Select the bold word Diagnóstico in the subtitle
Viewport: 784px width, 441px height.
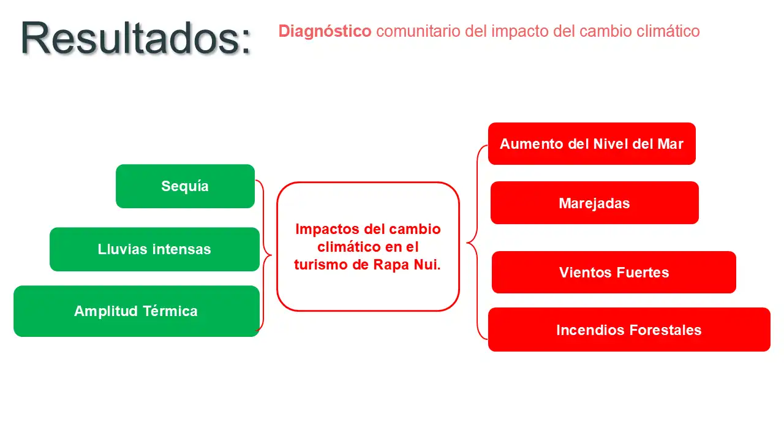coord(325,31)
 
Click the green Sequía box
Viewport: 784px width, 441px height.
coord(185,186)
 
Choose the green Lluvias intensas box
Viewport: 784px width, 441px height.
coord(154,249)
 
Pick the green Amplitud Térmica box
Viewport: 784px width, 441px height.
coord(137,311)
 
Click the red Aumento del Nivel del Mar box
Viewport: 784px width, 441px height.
coord(592,143)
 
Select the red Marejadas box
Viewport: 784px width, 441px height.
coord(595,203)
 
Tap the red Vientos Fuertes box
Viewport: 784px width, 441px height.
coord(614,273)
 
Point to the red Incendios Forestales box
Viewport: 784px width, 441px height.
coord(629,330)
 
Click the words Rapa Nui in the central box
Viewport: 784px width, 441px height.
coord(407,265)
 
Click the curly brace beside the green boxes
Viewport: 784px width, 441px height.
coord(264,255)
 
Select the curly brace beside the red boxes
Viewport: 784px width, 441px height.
coord(477,242)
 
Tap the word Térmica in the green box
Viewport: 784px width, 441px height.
coord(170,311)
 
